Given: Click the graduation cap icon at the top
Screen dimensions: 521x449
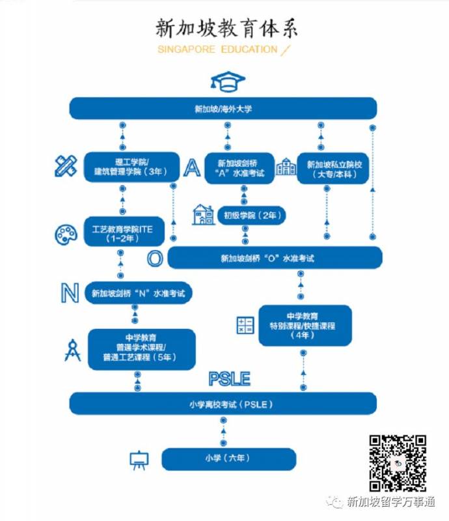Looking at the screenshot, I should (x=227, y=81).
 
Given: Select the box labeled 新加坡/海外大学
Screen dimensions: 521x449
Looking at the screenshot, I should (x=223, y=109).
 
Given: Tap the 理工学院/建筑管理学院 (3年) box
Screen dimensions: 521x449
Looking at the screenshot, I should (x=131, y=167).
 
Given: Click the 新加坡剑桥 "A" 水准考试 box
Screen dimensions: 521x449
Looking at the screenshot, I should (x=239, y=168).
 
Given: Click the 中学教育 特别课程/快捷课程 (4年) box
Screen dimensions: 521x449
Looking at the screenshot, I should (x=305, y=325).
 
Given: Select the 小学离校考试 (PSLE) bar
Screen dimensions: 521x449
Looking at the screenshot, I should (x=223, y=404).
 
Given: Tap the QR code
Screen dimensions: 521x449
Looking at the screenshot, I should (x=398, y=462).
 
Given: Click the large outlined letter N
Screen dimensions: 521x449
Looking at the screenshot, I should (x=70, y=293).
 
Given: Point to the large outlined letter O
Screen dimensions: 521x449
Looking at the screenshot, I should (x=154, y=258).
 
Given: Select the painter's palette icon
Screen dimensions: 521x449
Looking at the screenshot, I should (x=66, y=234).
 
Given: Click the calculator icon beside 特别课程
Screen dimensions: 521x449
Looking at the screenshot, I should (x=245, y=325).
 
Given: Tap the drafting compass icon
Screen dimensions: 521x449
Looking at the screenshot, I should (x=72, y=349).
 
